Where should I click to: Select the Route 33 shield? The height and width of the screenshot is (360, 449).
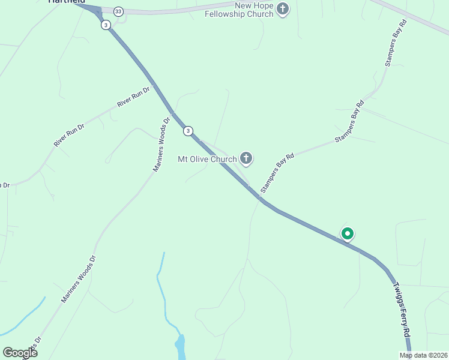(118, 11)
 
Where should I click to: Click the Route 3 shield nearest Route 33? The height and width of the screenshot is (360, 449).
(106, 25)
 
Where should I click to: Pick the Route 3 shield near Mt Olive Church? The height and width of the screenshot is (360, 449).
(188, 131)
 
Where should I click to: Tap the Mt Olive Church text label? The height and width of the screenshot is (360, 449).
(207, 159)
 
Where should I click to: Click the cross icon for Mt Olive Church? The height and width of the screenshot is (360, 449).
(246, 158)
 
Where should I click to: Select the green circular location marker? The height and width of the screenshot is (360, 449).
(347, 233)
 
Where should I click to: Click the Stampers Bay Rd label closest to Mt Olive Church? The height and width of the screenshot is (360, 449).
(277, 174)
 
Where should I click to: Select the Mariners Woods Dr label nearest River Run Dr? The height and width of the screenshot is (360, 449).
(162, 144)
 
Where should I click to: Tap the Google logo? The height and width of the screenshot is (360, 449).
(20, 353)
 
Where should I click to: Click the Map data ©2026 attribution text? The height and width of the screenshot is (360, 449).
(423, 355)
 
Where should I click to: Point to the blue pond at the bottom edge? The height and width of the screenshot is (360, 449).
(180, 347)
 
